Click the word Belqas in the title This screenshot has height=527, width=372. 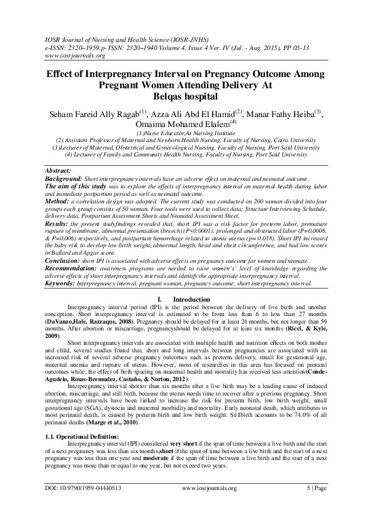[168, 96]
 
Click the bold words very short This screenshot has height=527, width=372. [181, 461]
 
